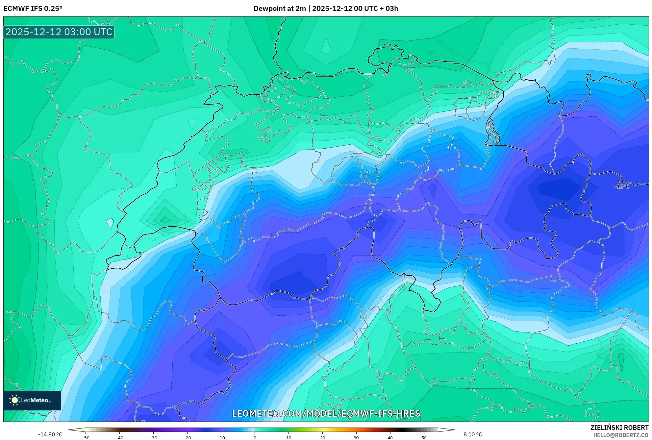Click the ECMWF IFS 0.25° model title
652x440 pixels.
(33, 9)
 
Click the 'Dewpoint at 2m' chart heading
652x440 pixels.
(280, 9)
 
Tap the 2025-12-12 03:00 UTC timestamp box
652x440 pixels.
(59, 32)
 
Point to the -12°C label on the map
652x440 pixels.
(622, 186)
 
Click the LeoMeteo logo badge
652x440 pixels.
(32, 400)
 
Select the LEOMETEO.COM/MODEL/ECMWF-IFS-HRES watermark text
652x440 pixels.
(326, 413)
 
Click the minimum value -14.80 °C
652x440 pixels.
(50, 434)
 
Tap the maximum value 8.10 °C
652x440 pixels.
(473, 434)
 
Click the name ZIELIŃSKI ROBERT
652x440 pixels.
(619, 428)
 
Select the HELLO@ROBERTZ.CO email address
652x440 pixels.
(620, 435)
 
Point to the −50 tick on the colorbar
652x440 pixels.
(86, 438)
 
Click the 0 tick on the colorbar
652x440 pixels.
(255, 438)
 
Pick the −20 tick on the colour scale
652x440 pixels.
(187, 438)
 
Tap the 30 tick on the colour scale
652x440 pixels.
(356, 438)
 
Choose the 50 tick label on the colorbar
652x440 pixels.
(424, 438)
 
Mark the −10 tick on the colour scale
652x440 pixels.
(221, 438)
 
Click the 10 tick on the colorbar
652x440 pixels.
(289, 438)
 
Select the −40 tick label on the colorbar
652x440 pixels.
(119, 438)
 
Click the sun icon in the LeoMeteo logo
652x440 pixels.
(14, 400)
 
